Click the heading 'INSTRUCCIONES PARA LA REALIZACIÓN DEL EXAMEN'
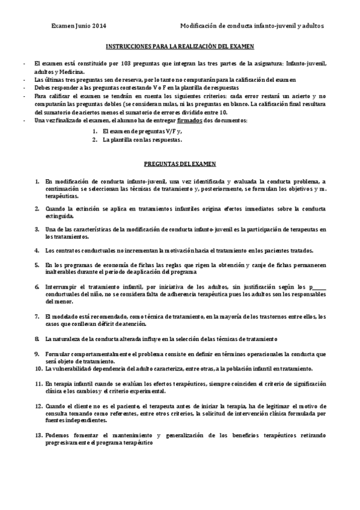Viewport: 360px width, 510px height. point(180,46)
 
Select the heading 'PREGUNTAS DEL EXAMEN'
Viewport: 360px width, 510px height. point(180,163)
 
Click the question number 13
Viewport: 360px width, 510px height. point(38,434)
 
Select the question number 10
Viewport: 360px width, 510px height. point(38,368)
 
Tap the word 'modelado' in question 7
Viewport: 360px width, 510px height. point(66,316)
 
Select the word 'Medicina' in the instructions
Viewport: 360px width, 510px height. point(75,71)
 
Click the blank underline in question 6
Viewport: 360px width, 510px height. point(320,286)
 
